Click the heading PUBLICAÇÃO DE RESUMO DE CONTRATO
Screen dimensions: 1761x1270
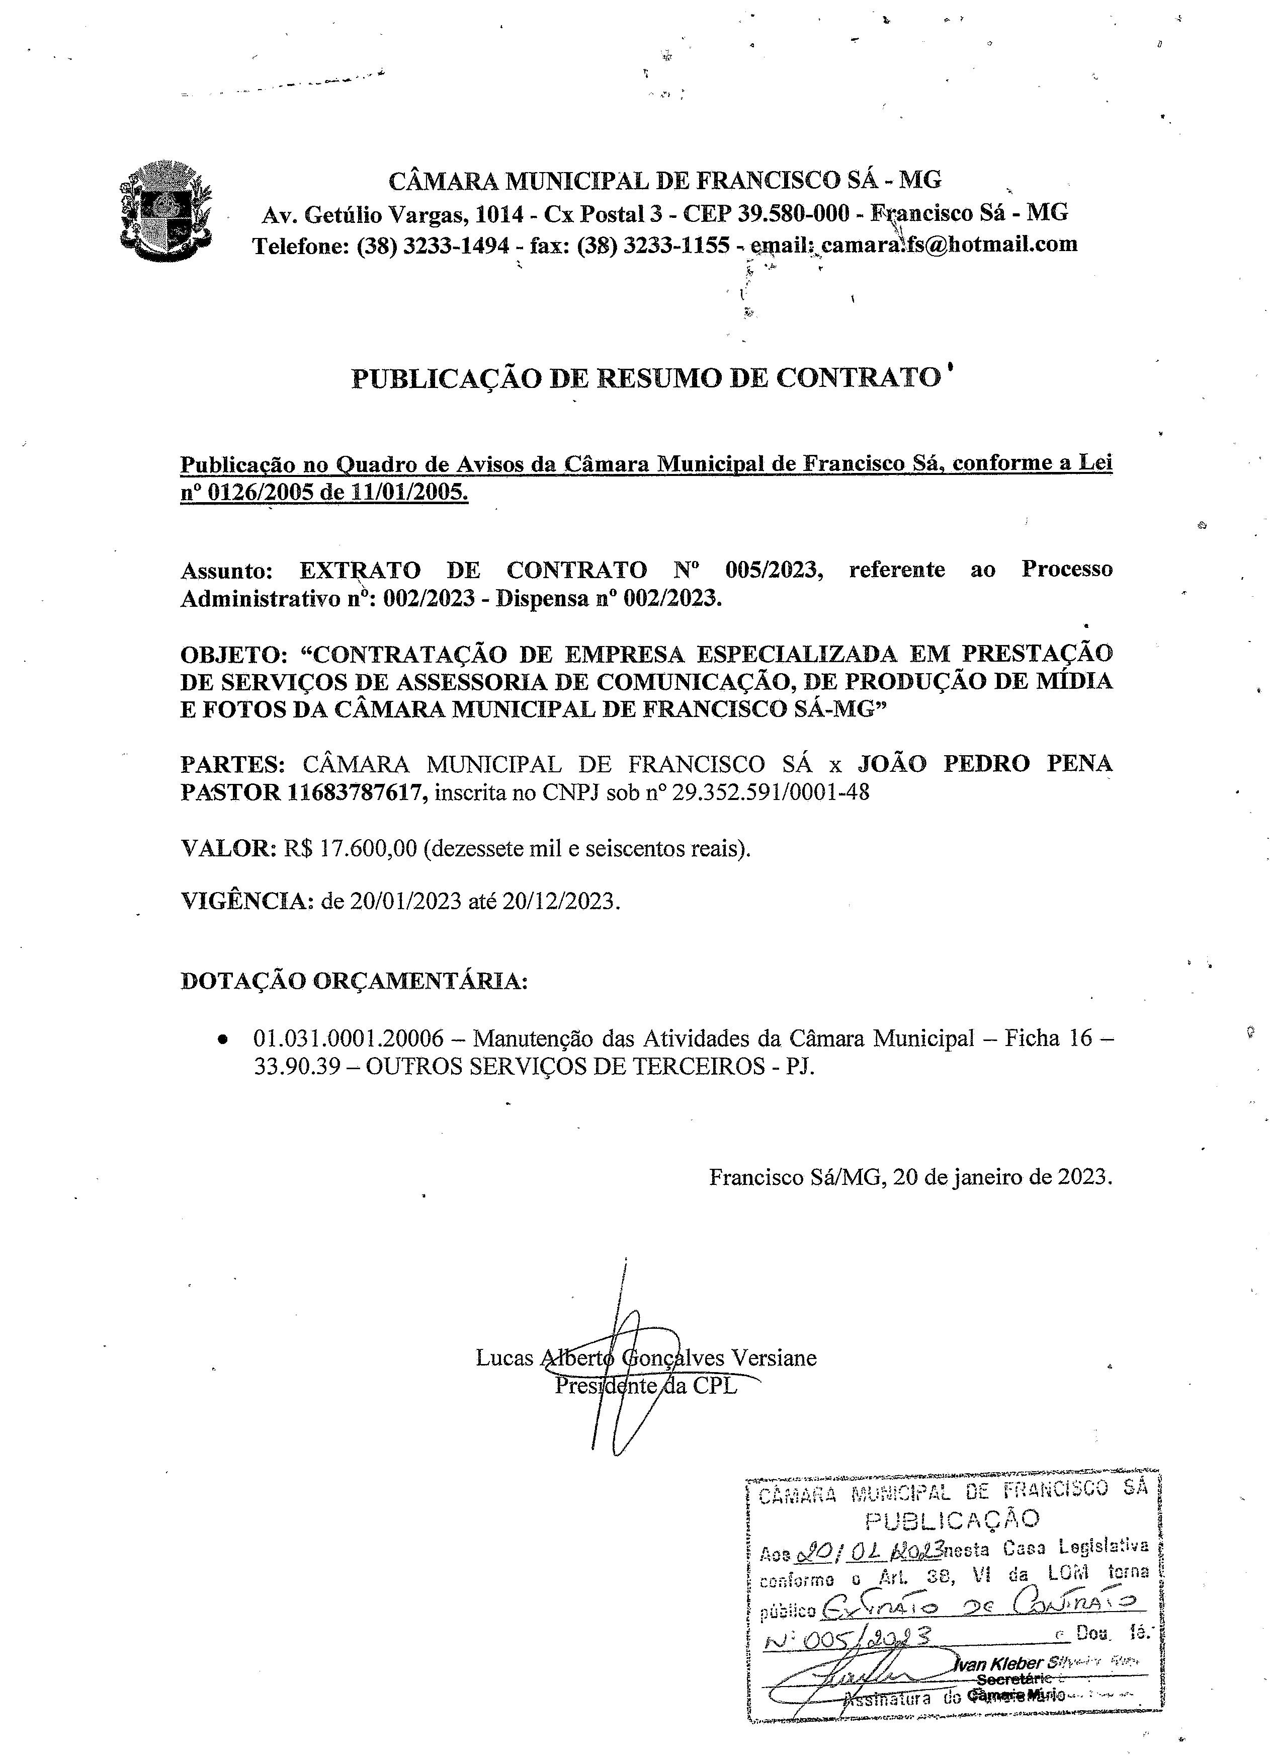pyautogui.click(x=645, y=378)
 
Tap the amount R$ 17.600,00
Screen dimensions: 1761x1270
pyautogui.click(x=350, y=848)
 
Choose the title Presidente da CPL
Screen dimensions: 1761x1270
pyautogui.click(x=646, y=1385)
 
